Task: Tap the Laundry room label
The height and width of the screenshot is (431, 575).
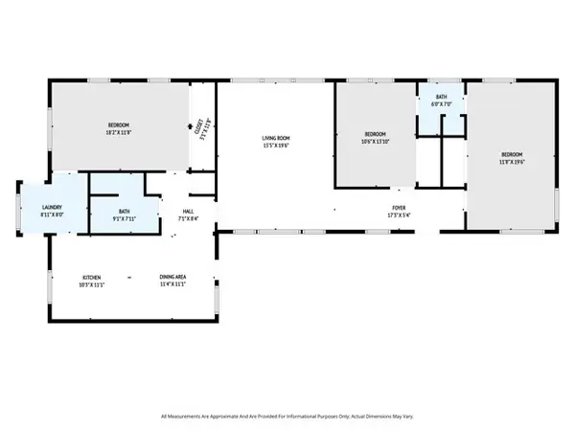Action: (52, 208)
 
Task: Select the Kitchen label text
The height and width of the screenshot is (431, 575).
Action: (91, 278)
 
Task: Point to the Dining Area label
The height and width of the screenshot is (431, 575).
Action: (172, 278)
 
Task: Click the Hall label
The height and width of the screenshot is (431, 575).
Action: (188, 211)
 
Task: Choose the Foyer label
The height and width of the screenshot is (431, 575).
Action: (398, 206)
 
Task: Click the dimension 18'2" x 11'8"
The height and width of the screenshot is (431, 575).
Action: (119, 132)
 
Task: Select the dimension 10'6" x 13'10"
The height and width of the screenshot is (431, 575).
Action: (375, 141)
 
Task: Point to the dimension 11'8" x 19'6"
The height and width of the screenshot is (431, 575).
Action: (513, 161)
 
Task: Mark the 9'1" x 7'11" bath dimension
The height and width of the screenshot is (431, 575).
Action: (126, 217)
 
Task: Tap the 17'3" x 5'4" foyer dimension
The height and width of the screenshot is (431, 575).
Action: (398, 214)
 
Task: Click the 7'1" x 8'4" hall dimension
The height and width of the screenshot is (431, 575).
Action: (188, 218)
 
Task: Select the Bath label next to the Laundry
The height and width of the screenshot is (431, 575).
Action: (126, 210)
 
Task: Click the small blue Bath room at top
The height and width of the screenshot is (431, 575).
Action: (440, 110)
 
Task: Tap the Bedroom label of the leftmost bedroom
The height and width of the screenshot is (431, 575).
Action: (119, 125)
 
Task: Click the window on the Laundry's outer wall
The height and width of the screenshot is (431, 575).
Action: (16, 209)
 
